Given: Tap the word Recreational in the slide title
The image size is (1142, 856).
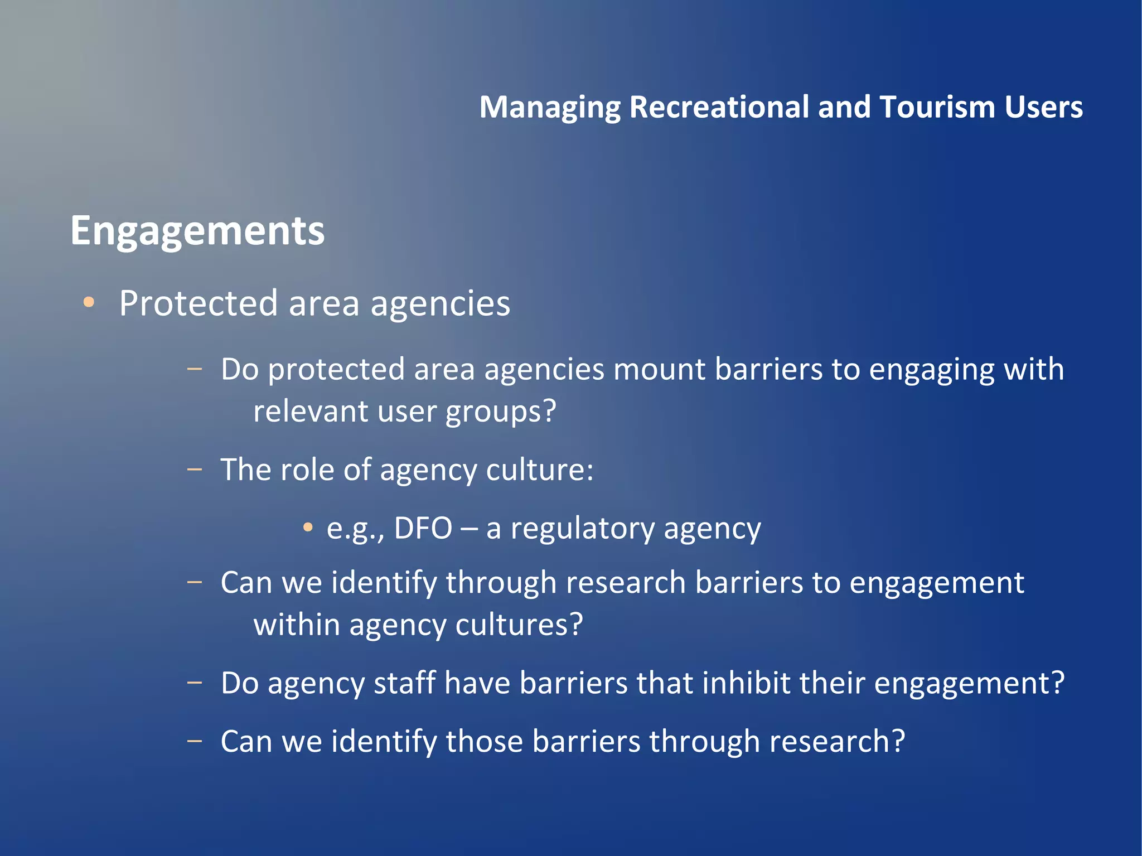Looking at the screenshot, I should point(719,107).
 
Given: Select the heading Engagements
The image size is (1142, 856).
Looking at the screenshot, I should point(197,231).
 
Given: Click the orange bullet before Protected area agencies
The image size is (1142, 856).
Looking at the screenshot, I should point(89,303).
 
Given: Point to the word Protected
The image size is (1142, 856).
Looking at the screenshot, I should point(198,304).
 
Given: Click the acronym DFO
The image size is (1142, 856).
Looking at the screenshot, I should point(423,528).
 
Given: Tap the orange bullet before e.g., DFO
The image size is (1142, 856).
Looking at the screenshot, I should point(308,528).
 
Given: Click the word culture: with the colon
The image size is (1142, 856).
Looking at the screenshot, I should point(539,470).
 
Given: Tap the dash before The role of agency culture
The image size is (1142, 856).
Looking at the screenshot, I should point(195,470).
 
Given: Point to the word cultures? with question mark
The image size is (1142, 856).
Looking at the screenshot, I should point(519,625).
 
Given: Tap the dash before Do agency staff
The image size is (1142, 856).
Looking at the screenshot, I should point(195,683).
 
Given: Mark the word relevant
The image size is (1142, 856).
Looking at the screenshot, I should point(311,412).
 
